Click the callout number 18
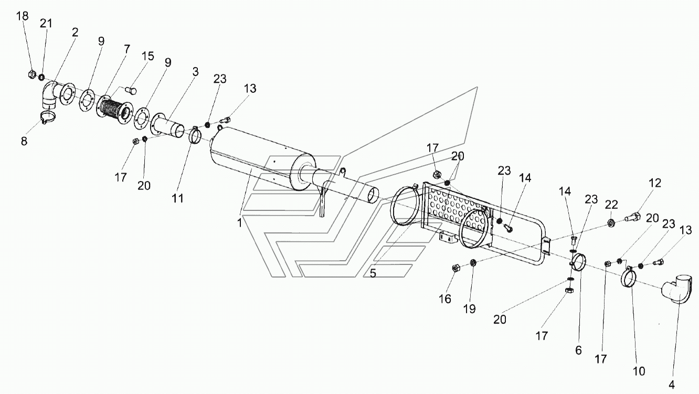tap(23, 16)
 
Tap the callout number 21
tap(46, 24)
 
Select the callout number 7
tap(126, 49)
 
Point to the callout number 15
tap(147, 56)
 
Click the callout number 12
tap(655, 183)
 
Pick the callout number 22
tap(611, 205)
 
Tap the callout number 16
tap(445, 299)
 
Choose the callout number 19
tap(469, 309)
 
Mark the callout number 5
tap(373, 273)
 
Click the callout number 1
tap(240, 223)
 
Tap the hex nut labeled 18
tap(31, 74)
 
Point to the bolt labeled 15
tap(131, 90)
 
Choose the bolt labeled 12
tap(632, 217)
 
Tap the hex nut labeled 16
tap(456, 268)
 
